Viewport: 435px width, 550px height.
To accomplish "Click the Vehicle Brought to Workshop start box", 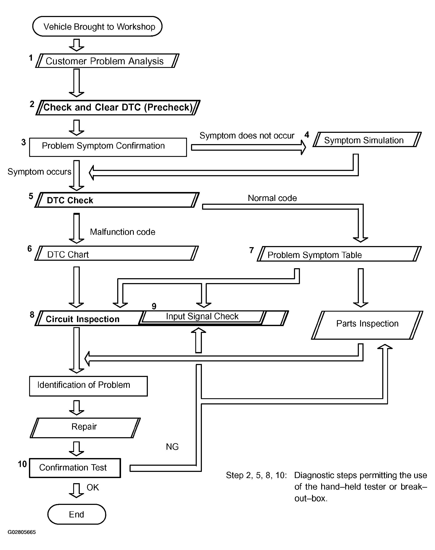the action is [x=97, y=26].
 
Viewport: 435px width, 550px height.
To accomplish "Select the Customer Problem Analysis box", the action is [x=107, y=61].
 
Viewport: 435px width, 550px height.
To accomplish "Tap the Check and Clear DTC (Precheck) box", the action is [x=118, y=107].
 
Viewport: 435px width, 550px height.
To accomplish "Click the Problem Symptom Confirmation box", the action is [x=108, y=147].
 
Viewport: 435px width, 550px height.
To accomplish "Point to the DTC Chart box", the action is [x=116, y=253].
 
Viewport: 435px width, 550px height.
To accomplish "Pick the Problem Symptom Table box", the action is [x=339, y=254].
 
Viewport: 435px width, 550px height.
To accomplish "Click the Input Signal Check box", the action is [x=203, y=317].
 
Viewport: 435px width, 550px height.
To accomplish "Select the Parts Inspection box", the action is [x=367, y=325].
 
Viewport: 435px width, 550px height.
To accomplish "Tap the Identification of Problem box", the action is [x=88, y=386].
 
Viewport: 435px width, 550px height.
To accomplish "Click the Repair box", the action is [x=85, y=428].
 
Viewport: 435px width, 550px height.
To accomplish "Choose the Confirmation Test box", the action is [x=75, y=468].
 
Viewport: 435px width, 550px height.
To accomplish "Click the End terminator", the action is [x=77, y=514].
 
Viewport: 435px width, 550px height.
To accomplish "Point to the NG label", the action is [x=172, y=447].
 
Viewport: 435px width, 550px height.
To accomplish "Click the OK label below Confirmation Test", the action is [x=93, y=487].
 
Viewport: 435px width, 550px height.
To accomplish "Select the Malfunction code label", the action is [x=123, y=232].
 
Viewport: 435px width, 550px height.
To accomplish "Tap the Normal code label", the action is [x=272, y=198].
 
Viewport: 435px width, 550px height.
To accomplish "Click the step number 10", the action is [x=22, y=464].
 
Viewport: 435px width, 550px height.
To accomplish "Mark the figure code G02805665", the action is [x=22, y=532].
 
